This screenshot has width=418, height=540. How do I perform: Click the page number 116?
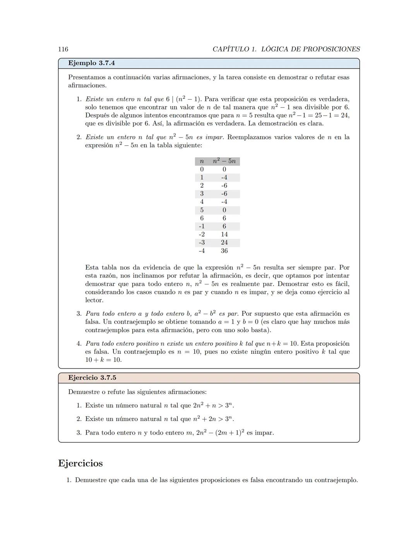[63, 49]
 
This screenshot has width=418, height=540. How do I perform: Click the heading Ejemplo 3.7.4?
[91, 63]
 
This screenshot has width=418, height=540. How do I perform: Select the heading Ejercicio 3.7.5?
[92, 378]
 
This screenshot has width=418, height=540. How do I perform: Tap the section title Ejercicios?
[81, 463]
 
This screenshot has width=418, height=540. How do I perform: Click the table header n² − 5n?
[224, 161]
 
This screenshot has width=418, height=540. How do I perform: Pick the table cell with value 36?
[224, 251]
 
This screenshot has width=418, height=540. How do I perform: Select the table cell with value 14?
[224, 235]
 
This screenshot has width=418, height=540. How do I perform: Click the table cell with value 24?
[224, 243]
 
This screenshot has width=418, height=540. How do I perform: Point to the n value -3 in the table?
[202, 243]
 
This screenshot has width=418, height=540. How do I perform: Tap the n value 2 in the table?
[202, 186]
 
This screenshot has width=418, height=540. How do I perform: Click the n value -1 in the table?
[202, 227]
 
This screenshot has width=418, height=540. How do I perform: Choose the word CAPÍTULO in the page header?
[230, 49]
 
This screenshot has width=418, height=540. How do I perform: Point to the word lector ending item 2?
[94, 300]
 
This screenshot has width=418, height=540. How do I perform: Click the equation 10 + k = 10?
[103, 360]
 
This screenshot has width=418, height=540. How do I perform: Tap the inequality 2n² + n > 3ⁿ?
[213, 405]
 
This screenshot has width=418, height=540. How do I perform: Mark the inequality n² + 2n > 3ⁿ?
[213, 419]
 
